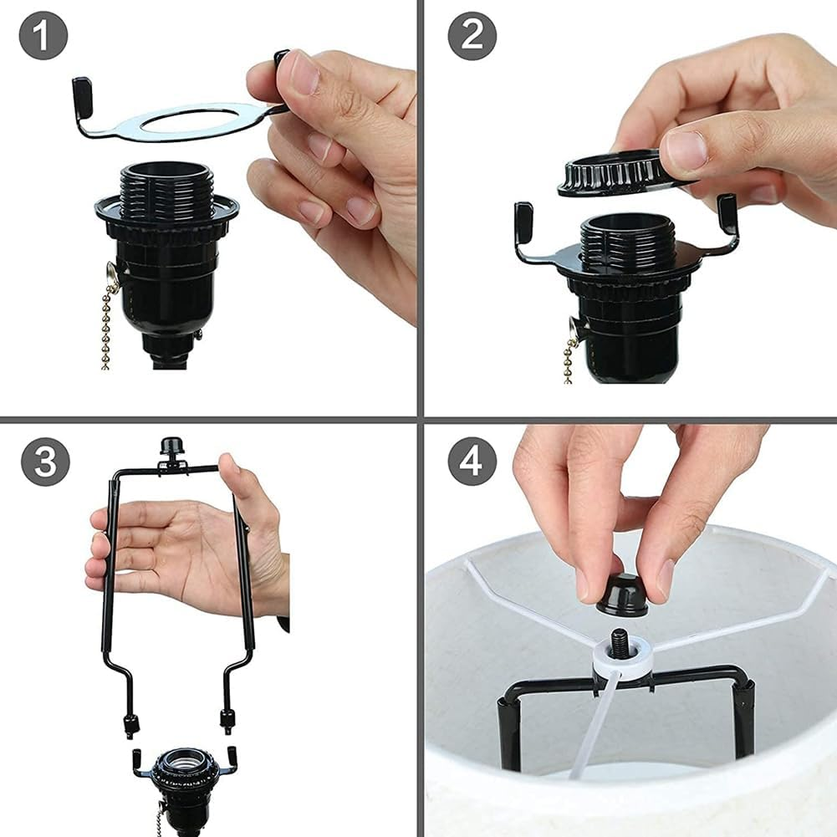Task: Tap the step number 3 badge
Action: (x=44, y=462)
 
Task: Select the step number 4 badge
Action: (x=472, y=462)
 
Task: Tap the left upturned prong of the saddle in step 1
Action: (x=82, y=89)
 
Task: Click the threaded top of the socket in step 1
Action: (x=167, y=188)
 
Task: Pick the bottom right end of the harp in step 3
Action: (x=227, y=721)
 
